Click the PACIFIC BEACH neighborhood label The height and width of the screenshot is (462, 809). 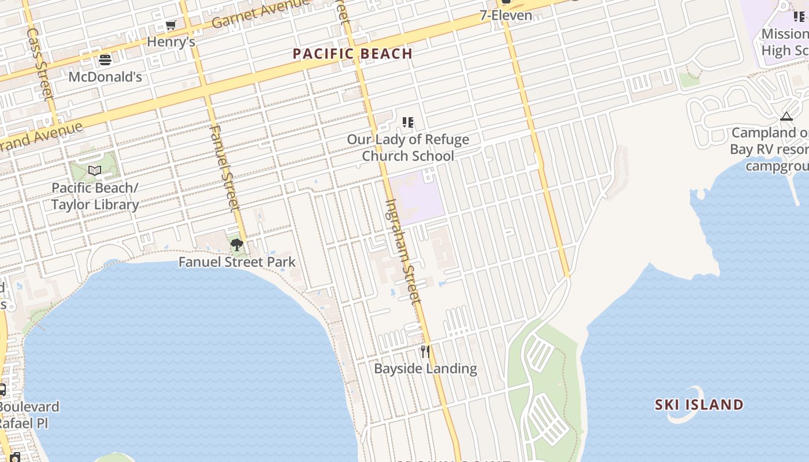[x=352, y=54]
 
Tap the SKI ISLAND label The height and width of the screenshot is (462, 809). [x=699, y=404]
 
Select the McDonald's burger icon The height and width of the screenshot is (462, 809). [x=105, y=59]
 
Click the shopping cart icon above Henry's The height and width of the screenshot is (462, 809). [x=170, y=25]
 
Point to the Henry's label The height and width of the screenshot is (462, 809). [x=170, y=42]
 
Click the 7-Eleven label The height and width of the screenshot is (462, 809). [x=506, y=16]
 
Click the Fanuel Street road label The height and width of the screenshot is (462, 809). [x=224, y=167]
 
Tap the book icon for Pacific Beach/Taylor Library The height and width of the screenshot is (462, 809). [x=95, y=171]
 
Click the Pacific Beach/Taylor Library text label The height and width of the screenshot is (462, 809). [x=95, y=196]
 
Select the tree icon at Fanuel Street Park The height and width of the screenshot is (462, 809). [x=236, y=245]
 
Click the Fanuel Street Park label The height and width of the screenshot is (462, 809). [x=237, y=262]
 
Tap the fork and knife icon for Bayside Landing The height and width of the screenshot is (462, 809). [x=425, y=352]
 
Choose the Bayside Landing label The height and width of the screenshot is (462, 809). [x=425, y=368]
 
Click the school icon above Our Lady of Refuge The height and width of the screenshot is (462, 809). [x=408, y=122]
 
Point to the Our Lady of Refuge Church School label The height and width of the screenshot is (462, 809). [x=408, y=148]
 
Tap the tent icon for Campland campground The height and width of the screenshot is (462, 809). [x=786, y=117]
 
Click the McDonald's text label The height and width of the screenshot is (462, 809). [x=105, y=77]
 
